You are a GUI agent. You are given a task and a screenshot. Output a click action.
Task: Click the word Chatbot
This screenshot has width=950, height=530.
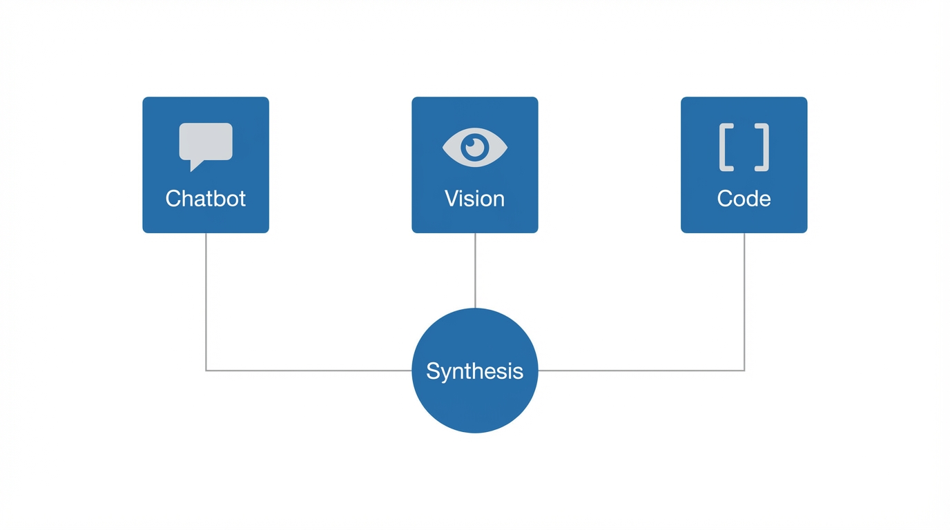click(206, 199)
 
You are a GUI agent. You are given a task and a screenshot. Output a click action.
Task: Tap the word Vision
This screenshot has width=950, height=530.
click(474, 199)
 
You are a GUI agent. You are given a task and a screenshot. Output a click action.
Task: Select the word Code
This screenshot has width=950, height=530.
click(744, 199)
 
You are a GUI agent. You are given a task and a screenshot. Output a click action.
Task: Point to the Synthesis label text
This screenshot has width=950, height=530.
click(474, 371)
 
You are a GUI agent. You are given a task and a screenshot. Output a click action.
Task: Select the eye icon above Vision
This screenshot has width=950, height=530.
click(474, 147)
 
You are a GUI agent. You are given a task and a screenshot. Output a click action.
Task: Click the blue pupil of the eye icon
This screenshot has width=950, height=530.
click(474, 147)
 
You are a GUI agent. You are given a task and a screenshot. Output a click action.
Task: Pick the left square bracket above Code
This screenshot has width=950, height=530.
click(726, 147)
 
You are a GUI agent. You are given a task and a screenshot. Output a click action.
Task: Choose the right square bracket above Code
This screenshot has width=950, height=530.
click(762, 147)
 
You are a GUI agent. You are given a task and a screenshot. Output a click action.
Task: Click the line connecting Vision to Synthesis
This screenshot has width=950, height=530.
click(475, 271)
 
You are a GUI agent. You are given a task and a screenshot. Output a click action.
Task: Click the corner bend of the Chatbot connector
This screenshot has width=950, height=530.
click(206, 371)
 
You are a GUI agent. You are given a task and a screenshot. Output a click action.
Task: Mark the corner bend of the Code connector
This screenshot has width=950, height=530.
click(744, 371)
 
